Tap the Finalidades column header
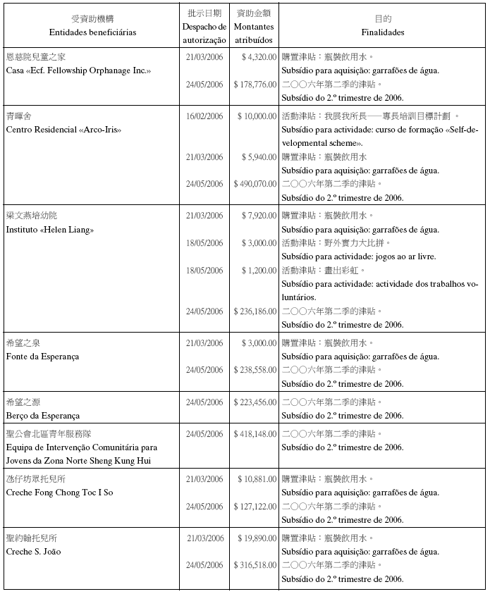click(x=382, y=32)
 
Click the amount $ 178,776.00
click(x=255, y=85)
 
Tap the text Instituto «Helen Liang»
click(x=50, y=230)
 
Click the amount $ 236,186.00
click(x=255, y=311)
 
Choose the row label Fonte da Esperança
click(x=42, y=357)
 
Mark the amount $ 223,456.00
click(x=255, y=402)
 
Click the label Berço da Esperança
click(x=42, y=416)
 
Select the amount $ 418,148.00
click(x=255, y=434)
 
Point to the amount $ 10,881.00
click(x=257, y=479)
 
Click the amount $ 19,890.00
click(x=257, y=538)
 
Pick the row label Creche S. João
click(x=33, y=552)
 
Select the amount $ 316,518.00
click(x=255, y=565)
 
